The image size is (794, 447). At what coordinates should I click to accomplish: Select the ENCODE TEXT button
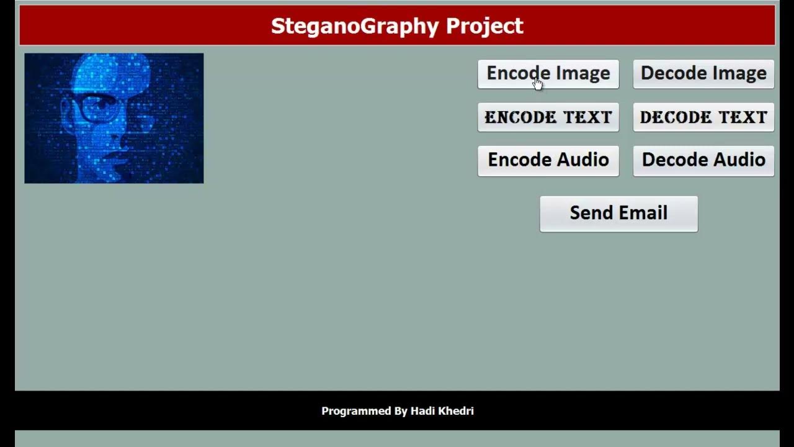click(548, 117)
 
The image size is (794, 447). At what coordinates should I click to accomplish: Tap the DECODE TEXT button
click(703, 117)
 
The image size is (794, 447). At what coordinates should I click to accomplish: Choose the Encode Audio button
click(548, 160)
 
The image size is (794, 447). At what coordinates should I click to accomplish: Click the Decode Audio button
click(703, 160)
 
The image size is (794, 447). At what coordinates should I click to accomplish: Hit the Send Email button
click(618, 214)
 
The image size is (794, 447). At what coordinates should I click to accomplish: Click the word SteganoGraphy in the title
click(355, 26)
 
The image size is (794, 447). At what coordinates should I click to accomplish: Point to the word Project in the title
click(484, 26)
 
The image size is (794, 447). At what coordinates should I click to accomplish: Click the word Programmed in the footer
click(356, 411)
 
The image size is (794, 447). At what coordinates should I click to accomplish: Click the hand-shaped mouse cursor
click(537, 84)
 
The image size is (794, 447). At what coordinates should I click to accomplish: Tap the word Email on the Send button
click(645, 213)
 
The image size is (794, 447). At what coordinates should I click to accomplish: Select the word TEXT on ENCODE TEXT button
click(587, 117)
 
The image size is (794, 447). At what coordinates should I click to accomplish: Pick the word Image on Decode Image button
click(738, 73)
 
